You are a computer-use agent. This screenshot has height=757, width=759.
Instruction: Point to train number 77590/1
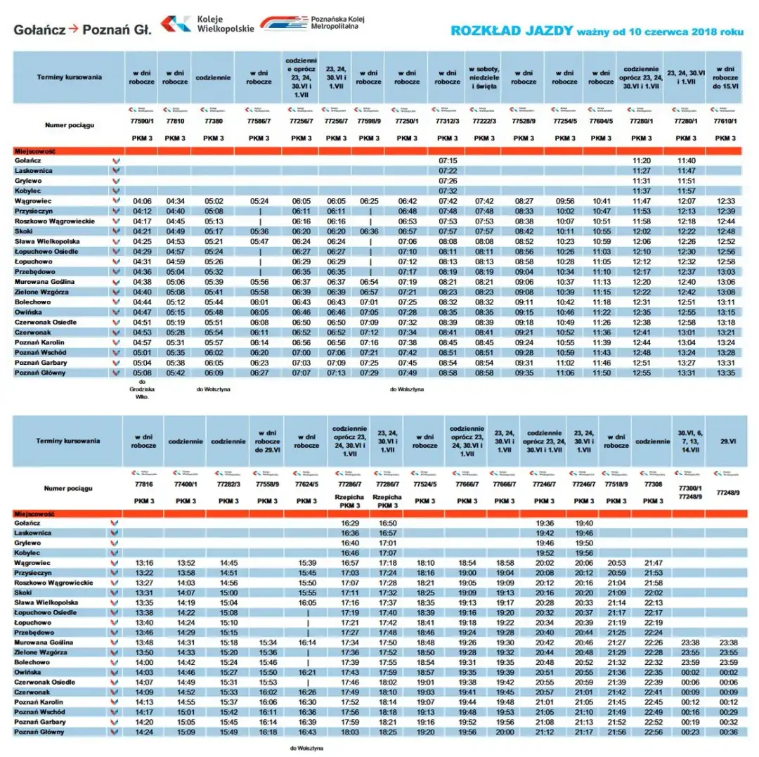point(143,122)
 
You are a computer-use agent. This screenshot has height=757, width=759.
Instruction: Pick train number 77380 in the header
point(214,122)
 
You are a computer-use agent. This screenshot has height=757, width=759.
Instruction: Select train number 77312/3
point(448,122)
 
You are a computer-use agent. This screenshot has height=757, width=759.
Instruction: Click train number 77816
point(143,484)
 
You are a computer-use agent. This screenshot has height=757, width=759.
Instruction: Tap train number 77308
point(654,484)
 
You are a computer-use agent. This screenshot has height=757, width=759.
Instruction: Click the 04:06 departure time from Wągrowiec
point(143,201)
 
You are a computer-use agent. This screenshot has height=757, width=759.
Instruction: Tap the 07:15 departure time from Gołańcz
point(448,161)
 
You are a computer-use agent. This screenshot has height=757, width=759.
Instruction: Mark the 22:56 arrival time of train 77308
point(654,732)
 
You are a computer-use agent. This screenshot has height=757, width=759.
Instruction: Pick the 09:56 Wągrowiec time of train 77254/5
point(565,201)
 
